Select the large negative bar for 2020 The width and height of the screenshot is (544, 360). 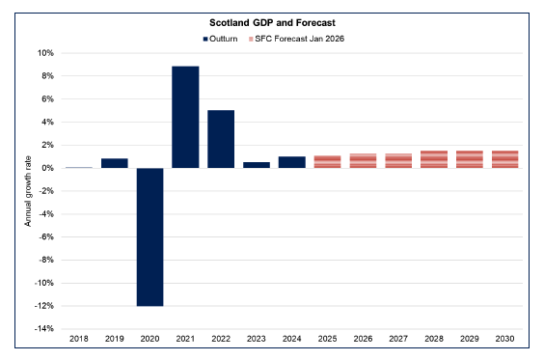tap(150, 236)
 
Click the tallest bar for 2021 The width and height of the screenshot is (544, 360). tap(185, 117)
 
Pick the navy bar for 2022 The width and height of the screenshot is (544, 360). tap(221, 139)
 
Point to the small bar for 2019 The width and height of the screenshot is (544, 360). tap(115, 163)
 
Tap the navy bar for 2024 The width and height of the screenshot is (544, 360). tap(291, 162)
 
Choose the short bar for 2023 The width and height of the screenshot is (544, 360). tap(257, 165)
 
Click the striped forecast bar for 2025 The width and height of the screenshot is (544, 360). tap(327, 161)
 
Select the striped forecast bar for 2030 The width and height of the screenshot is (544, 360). tap(504, 159)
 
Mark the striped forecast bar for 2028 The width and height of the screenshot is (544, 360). tap(433, 159)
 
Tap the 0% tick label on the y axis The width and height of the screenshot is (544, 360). tap(45, 168)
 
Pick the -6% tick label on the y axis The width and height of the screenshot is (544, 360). tap(43, 237)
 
